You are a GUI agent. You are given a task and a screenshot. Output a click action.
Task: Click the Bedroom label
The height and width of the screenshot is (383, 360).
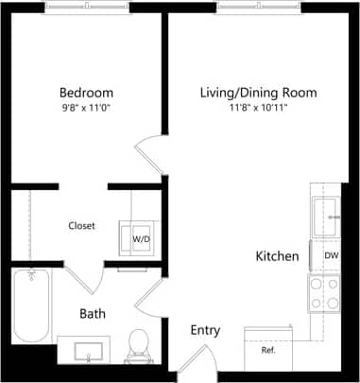coord(86,93)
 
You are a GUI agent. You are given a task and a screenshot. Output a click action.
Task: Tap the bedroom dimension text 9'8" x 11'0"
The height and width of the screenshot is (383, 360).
coord(86,108)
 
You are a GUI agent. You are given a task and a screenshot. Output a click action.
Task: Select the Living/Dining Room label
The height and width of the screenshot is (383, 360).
coord(258,93)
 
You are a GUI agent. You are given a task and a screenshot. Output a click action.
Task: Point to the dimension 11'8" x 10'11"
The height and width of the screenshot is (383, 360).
coord(258,108)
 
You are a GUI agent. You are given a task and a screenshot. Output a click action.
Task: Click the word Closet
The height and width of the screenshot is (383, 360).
coord(81,226)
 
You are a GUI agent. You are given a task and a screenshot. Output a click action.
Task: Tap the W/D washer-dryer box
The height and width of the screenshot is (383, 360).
coord(140,239)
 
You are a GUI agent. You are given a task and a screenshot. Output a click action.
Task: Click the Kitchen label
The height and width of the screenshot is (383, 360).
coord(278,256)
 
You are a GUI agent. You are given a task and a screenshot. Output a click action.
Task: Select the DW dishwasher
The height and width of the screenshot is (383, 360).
coord(331,256)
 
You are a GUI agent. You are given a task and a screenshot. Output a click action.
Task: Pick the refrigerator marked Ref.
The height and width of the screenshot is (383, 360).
coord(268,348)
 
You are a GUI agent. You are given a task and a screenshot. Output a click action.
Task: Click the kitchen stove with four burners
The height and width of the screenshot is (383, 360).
coord(324,293)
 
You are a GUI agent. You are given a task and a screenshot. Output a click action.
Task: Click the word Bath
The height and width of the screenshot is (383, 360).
coord(93,313)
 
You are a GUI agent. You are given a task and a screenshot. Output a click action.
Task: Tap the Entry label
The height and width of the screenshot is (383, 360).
coord(205,330)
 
